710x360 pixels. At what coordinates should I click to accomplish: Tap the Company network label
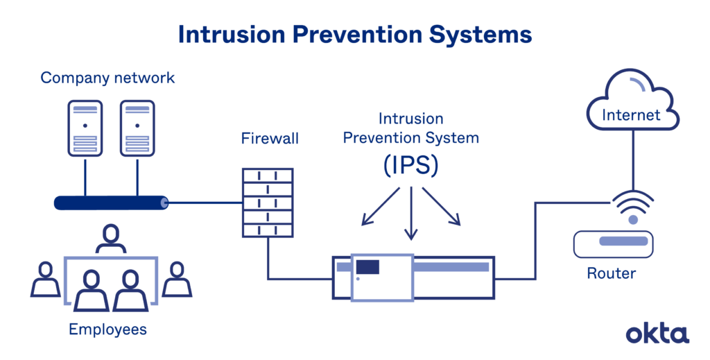tap(107, 77)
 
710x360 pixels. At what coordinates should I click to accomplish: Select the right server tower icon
tap(137, 126)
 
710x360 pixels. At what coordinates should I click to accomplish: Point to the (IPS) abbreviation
tap(411, 166)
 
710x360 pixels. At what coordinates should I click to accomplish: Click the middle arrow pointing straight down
tap(412, 215)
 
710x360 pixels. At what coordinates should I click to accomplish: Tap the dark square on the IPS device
tap(367, 266)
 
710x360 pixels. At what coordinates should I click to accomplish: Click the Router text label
tap(611, 273)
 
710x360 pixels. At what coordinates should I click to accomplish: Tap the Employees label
tap(107, 329)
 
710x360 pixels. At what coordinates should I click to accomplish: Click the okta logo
tap(657, 333)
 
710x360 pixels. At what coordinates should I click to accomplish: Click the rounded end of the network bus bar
tap(164, 203)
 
